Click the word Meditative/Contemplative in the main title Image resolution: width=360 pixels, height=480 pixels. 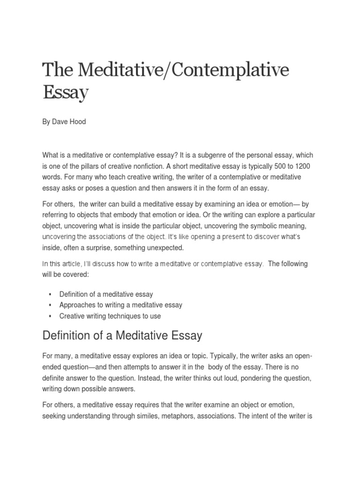pos(185,70)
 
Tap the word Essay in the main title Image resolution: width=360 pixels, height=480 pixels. pos(66,93)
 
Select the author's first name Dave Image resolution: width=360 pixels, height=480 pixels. pos(60,122)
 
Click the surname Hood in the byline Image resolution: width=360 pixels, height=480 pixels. pos(78,122)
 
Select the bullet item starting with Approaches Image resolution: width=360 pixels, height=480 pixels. pos(120,305)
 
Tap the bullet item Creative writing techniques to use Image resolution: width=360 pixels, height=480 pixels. pos(110,316)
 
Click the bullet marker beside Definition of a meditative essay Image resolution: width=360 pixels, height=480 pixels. pos(49,294)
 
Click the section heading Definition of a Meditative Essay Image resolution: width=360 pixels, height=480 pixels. pos(122,336)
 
